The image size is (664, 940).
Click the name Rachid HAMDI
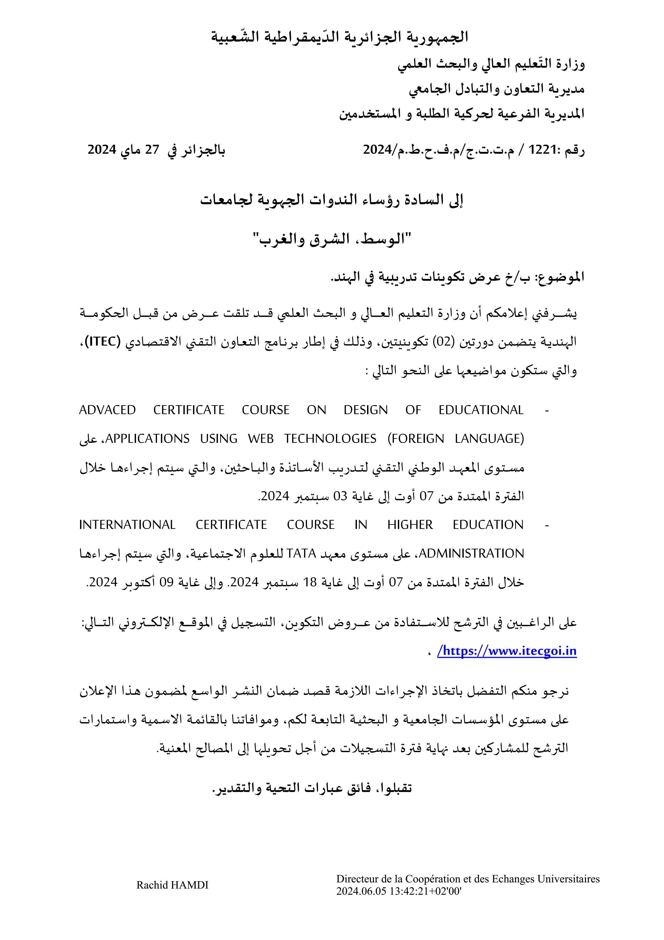coord(172,885)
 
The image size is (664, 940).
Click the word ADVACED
coord(107,410)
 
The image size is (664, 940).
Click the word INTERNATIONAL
coord(127,525)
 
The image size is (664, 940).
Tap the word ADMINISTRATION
coord(472,554)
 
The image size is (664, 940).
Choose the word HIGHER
coord(410,525)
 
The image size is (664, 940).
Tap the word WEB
coord(261,439)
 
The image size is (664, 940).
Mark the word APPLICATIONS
coord(147,439)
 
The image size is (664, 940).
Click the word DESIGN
coord(365,410)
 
